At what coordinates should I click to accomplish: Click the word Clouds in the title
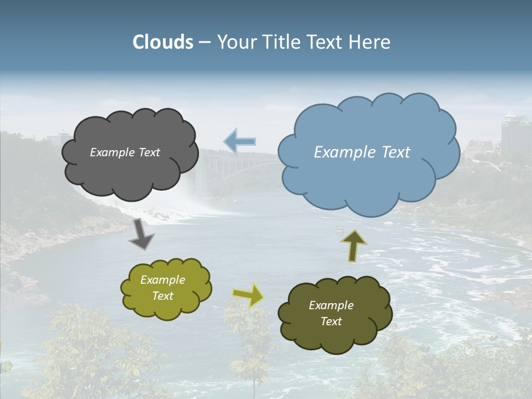point(163,42)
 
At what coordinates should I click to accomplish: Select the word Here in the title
point(372,42)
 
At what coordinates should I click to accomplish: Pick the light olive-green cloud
point(166,308)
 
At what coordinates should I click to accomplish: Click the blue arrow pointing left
point(239,141)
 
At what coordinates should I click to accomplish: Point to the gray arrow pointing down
point(141,234)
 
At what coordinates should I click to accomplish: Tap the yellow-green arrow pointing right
point(249,295)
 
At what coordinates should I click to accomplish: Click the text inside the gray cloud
point(125,152)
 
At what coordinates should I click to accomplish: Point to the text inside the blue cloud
point(362,152)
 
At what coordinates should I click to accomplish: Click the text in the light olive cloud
point(162,288)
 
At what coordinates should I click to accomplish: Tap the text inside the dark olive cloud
point(331,313)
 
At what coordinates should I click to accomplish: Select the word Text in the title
point(326,42)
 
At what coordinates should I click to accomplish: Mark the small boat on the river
point(339,228)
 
